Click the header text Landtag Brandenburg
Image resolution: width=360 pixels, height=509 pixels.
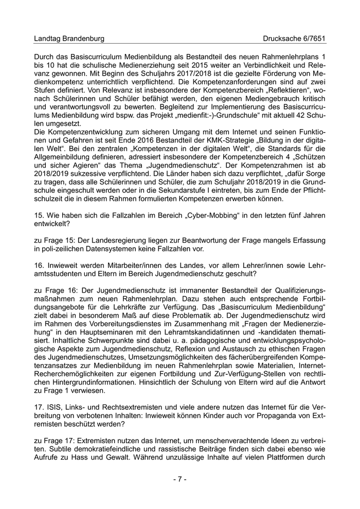[69, 39]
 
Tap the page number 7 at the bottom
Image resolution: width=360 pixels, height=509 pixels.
[179, 479]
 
